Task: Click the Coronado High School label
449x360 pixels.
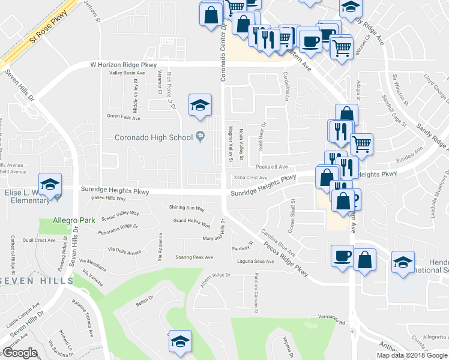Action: click(x=154, y=137)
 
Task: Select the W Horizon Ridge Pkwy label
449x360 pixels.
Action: click(x=124, y=65)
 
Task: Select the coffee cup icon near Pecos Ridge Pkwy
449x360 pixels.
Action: click(x=342, y=256)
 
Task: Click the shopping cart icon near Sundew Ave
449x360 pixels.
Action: click(x=361, y=144)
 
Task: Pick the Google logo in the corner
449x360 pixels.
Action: click(x=20, y=353)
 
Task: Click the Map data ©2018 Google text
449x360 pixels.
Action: click(x=412, y=355)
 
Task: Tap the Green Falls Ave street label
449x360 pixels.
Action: click(x=123, y=118)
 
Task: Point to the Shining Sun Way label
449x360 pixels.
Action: click(x=187, y=209)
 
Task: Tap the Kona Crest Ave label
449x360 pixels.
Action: click(x=250, y=178)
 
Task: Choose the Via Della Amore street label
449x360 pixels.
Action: click(x=124, y=253)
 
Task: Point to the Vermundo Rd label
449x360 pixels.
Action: click(x=333, y=323)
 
